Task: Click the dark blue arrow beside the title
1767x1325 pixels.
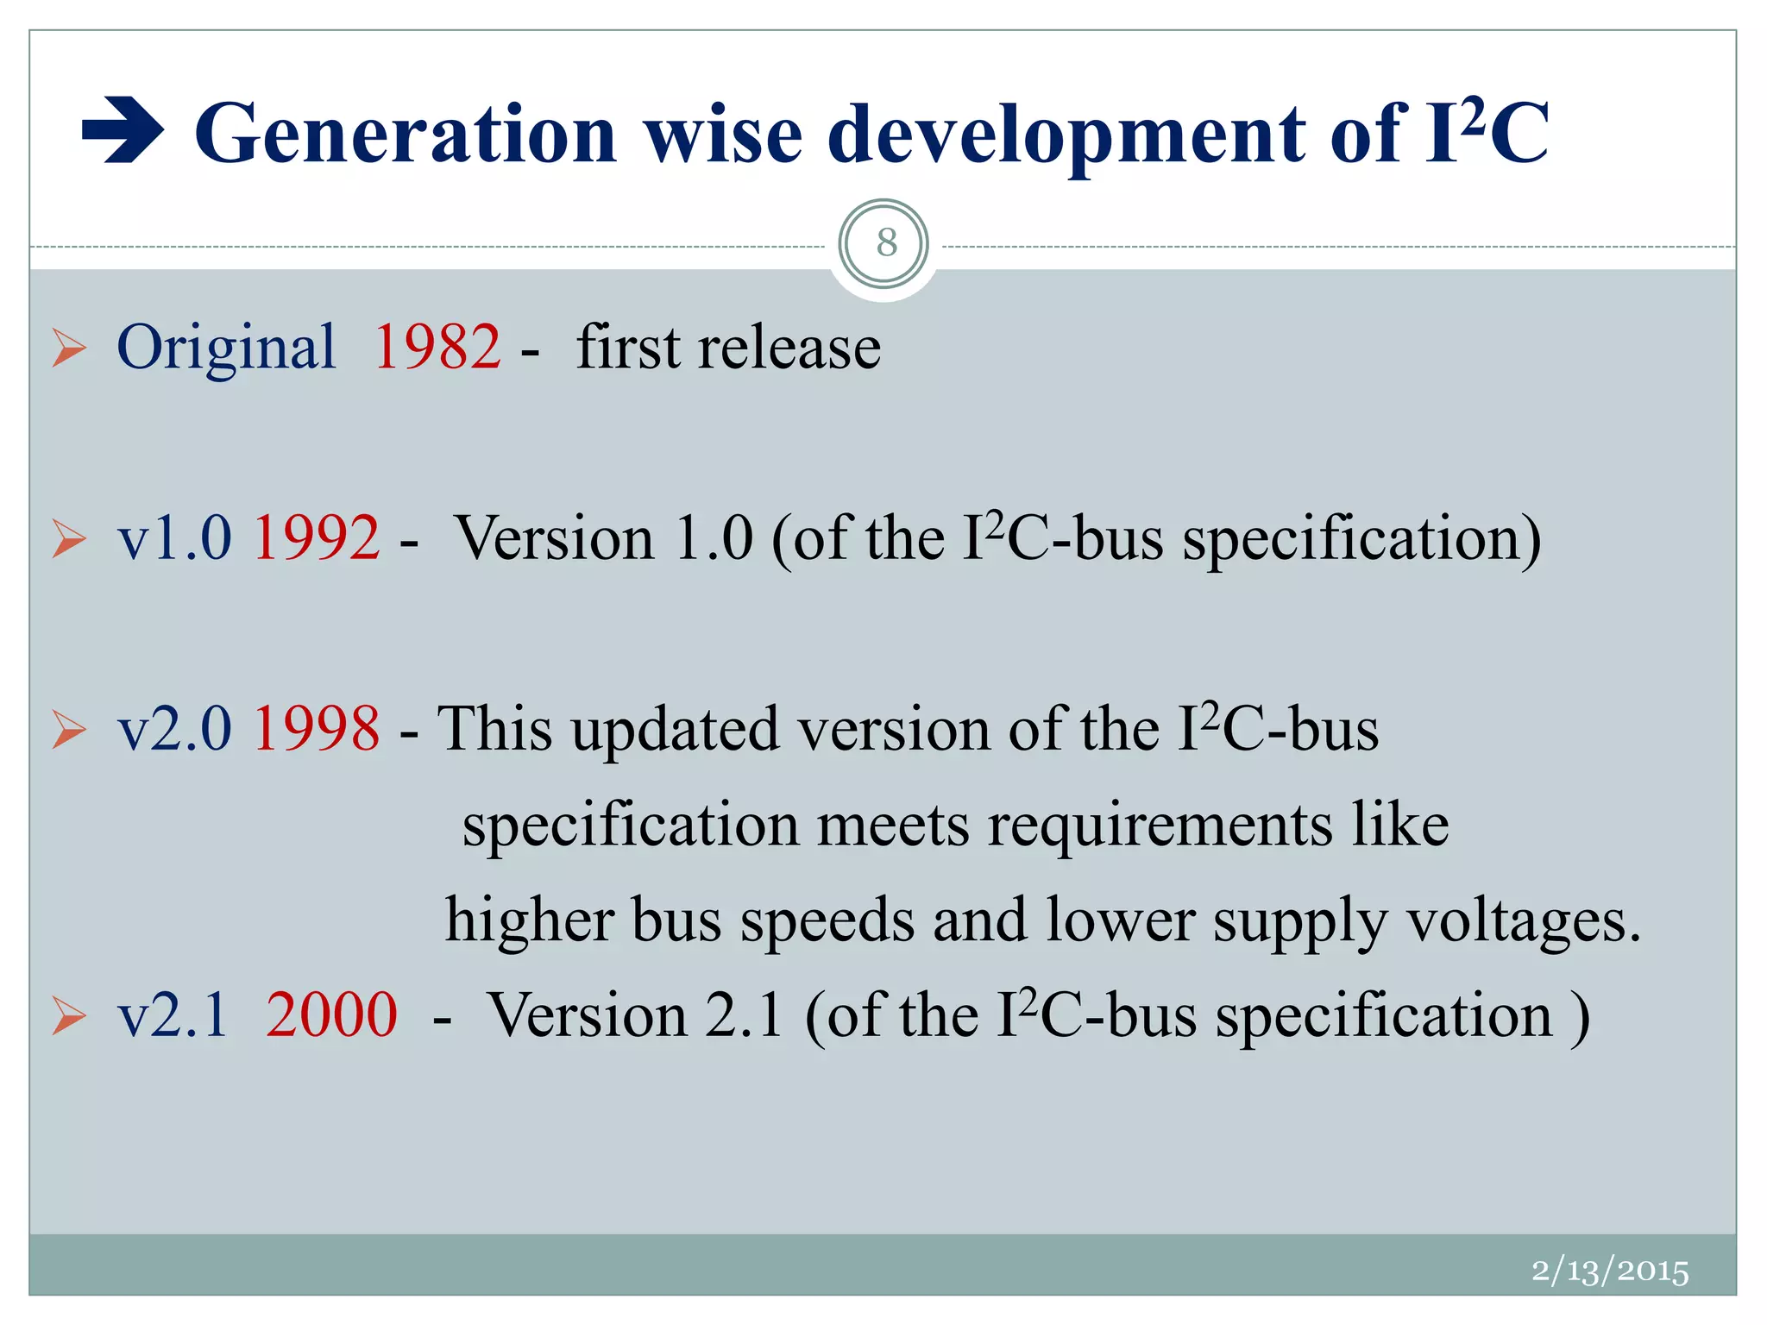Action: [x=123, y=132]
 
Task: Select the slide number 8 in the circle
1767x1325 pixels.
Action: [x=885, y=243]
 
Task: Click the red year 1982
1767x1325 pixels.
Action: [x=437, y=347]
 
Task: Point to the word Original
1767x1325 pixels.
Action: [x=226, y=347]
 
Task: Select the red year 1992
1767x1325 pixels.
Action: [x=316, y=537]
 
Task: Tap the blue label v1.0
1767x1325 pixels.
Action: [x=174, y=537]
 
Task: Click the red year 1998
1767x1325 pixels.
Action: [x=316, y=728]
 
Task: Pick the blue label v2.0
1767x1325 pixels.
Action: [x=174, y=728]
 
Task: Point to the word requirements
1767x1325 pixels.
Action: [x=1160, y=826]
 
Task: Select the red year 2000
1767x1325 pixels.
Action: [x=331, y=1014]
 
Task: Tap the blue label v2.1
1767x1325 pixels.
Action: [x=173, y=1014]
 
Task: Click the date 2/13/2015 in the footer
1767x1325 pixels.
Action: [x=1610, y=1271]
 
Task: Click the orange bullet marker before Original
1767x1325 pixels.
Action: [x=69, y=348]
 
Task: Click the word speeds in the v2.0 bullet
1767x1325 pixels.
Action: [x=827, y=921]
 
